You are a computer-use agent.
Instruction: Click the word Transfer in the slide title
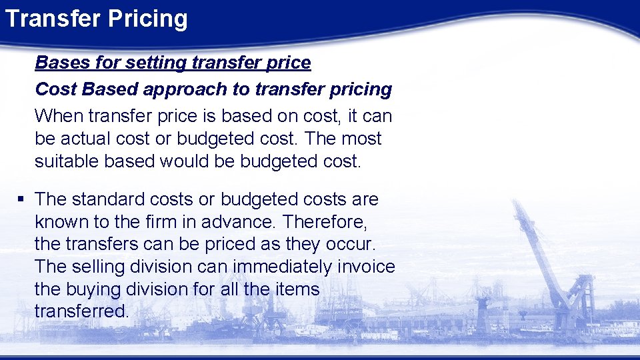click(49, 19)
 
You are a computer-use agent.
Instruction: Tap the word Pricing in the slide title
click(145, 19)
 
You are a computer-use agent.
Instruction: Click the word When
click(56, 116)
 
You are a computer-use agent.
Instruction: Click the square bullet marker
click(22, 199)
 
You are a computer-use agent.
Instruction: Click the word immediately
click(282, 267)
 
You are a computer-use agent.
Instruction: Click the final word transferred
click(81, 311)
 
